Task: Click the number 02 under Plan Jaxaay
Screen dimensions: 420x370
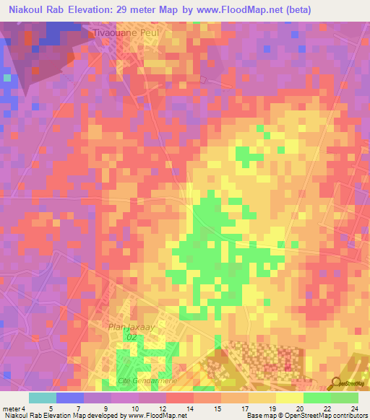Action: (x=132, y=336)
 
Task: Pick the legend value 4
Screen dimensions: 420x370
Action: (x=24, y=408)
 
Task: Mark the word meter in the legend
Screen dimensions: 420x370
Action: (x=11, y=408)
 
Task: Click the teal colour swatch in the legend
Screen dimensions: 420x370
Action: (x=43, y=398)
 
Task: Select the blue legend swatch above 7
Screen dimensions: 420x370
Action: (x=70, y=398)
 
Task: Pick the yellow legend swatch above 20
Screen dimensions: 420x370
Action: (x=290, y=398)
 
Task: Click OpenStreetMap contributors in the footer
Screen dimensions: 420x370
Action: (x=327, y=416)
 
